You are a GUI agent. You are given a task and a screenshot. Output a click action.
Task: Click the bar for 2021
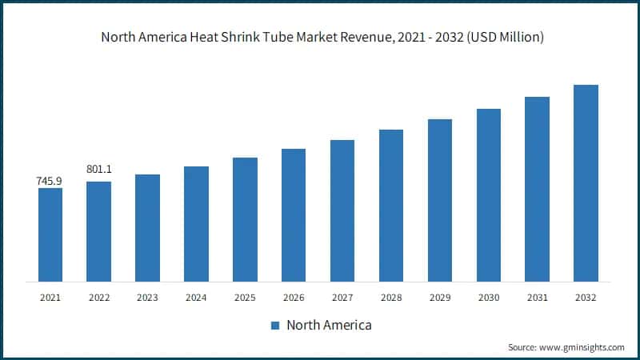50,234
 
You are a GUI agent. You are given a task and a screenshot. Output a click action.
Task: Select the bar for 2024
196,224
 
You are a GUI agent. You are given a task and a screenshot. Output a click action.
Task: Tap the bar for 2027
342,210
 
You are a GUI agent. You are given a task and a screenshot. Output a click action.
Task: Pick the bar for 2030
489,195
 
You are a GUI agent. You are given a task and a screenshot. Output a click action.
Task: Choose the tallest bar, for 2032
586,183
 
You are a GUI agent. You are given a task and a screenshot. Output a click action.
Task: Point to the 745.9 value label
50,182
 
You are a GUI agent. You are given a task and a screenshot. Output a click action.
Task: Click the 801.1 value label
98,170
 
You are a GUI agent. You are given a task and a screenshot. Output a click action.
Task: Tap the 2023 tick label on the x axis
147,298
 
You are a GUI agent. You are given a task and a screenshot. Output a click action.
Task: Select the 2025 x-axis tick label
245,298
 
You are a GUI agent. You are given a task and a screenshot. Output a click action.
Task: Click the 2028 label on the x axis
391,298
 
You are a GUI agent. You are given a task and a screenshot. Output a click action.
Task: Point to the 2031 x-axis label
537,298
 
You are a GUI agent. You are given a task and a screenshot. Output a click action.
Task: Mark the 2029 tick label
440,298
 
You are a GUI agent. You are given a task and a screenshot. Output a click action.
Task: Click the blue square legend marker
274,326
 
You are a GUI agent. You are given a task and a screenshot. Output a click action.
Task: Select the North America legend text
329,326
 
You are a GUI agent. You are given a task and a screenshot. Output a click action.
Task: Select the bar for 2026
294,215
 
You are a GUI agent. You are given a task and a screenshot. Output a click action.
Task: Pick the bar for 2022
98,231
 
